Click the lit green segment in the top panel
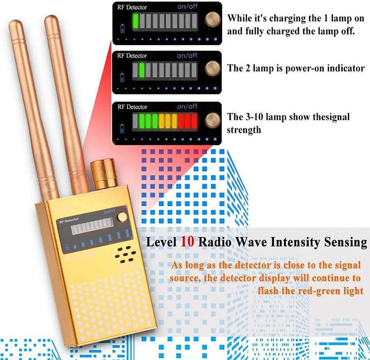click(x=136, y=21)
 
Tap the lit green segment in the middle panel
click(x=142, y=70)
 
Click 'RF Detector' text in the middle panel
click(x=132, y=55)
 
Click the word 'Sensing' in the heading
click(x=344, y=242)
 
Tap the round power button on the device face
click(x=122, y=217)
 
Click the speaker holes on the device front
click(x=124, y=253)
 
